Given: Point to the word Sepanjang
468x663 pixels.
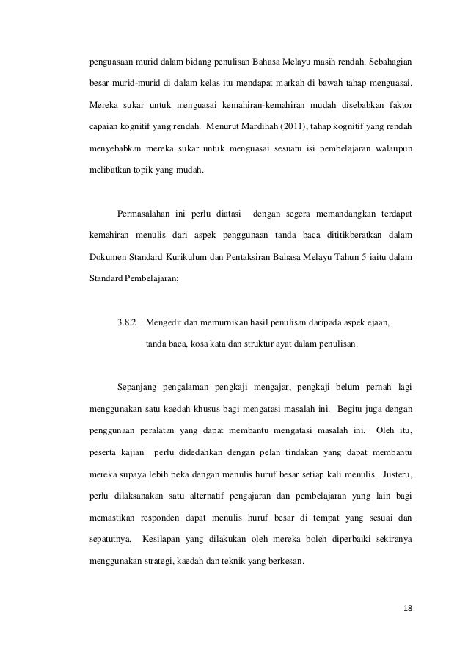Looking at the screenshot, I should tap(136, 386).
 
